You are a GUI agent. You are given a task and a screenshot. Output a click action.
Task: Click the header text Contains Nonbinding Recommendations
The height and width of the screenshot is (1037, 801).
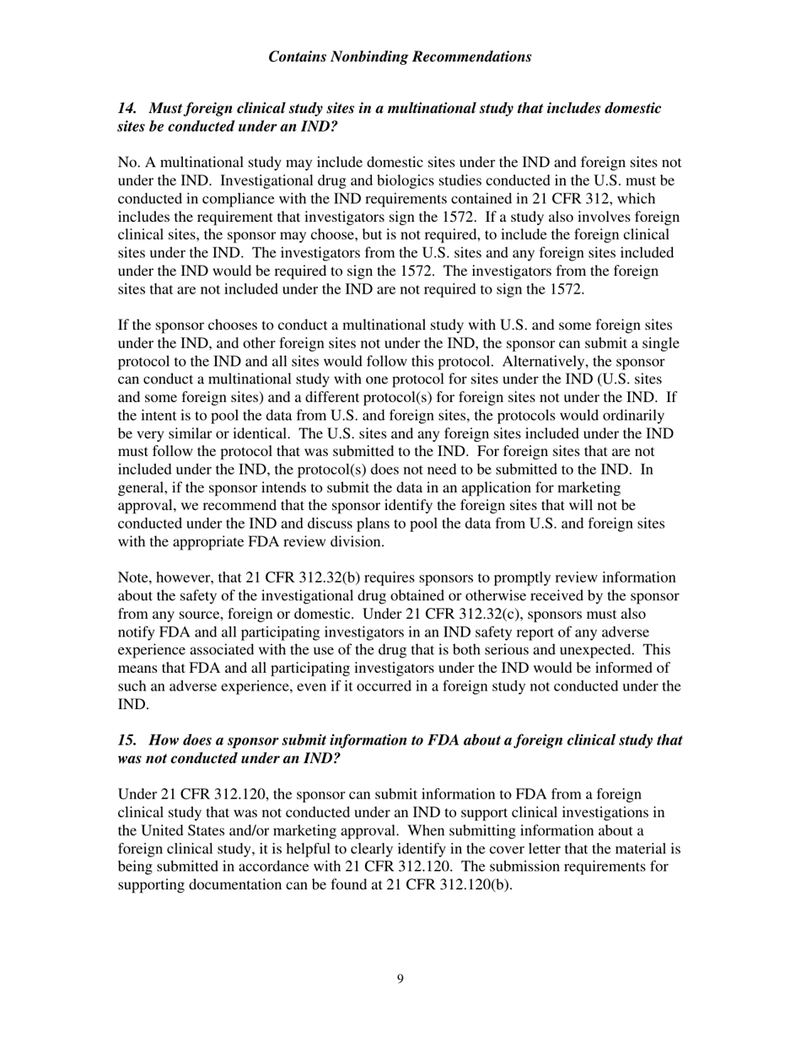tap(400, 57)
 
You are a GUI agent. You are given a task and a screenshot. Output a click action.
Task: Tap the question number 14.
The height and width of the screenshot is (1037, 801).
tap(126, 109)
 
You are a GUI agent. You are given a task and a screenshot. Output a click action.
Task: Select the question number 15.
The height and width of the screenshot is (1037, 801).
tap(126, 739)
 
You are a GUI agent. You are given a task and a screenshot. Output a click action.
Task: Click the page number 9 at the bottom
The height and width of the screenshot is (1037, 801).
tap(400, 979)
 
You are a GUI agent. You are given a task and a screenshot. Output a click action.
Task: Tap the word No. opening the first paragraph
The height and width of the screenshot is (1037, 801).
tap(128, 163)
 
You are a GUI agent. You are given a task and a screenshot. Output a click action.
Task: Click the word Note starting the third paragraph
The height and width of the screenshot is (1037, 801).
tap(133, 578)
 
